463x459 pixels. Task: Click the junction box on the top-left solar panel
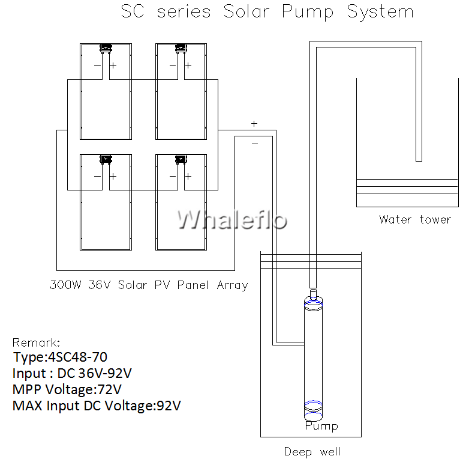pyautogui.click(x=106, y=47)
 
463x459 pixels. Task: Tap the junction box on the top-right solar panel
pyautogui.click(x=180, y=47)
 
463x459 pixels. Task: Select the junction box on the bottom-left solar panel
pyautogui.click(x=106, y=159)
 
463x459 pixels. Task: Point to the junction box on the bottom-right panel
pyautogui.click(x=180, y=159)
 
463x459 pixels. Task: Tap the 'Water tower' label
pyautogui.click(x=414, y=219)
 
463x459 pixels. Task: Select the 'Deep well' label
pyautogui.click(x=312, y=451)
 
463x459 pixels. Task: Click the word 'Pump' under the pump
pyautogui.click(x=321, y=426)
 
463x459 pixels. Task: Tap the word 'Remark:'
pyautogui.click(x=36, y=342)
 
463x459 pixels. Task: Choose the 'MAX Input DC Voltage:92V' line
pyautogui.click(x=97, y=406)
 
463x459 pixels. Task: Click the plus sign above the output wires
pyautogui.click(x=254, y=124)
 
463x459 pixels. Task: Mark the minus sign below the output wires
pyautogui.click(x=254, y=144)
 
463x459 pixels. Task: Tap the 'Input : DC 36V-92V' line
pyautogui.click(x=72, y=374)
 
